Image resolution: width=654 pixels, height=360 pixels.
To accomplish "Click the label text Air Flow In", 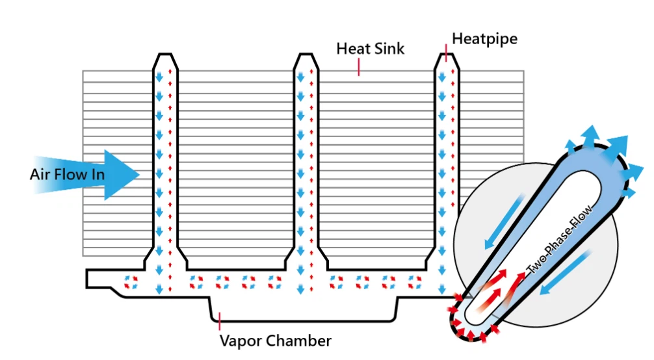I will [x=67, y=174].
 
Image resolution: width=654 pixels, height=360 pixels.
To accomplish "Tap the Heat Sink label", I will [x=371, y=49].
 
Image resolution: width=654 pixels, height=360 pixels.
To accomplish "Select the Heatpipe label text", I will [x=485, y=38].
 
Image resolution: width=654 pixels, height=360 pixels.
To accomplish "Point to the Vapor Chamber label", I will [x=276, y=341].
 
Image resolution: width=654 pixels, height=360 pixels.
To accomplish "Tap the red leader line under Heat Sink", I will [x=358, y=67].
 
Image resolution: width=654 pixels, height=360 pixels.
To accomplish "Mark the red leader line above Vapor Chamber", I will [x=220, y=320].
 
